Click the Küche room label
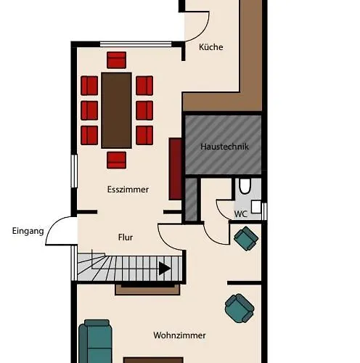(x=210, y=47)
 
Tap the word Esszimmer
(x=128, y=189)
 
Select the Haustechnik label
(x=224, y=147)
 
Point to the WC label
(x=241, y=214)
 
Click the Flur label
(x=126, y=237)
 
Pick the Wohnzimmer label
(x=179, y=335)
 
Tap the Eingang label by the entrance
(x=28, y=231)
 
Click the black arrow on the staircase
(x=165, y=269)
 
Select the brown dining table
(x=116, y=110)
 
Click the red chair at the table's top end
(x=116, y=60)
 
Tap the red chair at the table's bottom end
(x=116, y=160)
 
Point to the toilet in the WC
(x=245, y=186)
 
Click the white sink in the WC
(x=256, y=207)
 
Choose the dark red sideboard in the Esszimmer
(x=176, y=169)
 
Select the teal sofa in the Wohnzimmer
(x=96, y=341)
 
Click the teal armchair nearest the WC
(x=246, y=238)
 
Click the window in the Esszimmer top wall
(x=136, y=44)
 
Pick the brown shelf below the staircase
(x=147, y=290)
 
